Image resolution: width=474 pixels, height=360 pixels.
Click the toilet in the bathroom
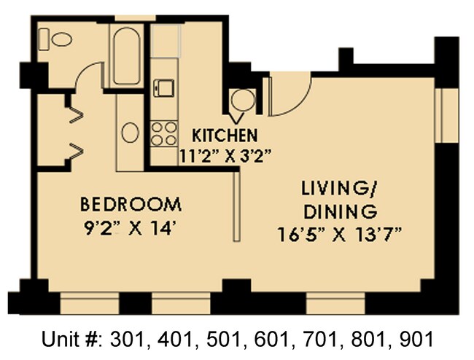point(55,36)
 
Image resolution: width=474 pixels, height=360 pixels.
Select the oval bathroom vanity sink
point(130,132)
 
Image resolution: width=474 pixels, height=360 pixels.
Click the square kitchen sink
point(166,87)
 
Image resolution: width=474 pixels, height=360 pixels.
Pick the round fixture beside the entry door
point(241,100)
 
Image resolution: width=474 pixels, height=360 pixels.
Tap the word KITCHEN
point(224,136)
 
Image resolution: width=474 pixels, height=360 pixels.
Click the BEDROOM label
point(131,203)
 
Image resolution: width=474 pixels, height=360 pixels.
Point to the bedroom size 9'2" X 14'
point(131,227)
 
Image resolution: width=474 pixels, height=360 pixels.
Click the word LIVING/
point(339,190)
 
